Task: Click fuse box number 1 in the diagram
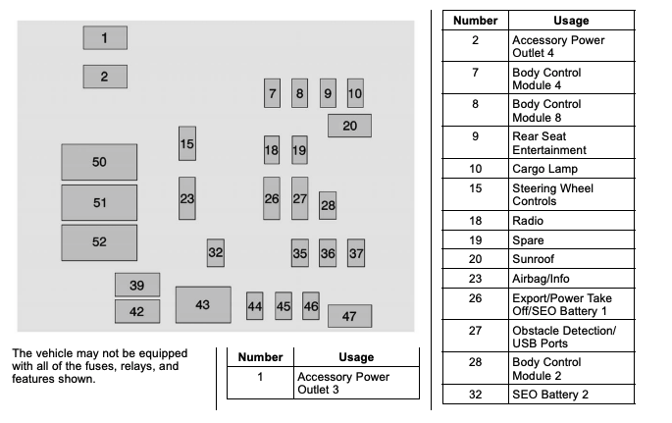[105, 37]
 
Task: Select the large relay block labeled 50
[99, 162]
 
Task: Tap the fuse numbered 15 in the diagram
[187, 143]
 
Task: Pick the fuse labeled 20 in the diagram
[349, 126]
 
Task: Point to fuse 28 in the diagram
[328, 206]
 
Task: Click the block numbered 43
[203, 304]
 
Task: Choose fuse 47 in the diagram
[349, 316]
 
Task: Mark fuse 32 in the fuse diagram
[216, 253]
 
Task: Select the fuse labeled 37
[356, 253]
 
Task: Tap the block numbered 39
[137, 285]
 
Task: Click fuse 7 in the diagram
[272, 93]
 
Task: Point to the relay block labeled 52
[99, 242]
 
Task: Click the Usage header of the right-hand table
[571, 21]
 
